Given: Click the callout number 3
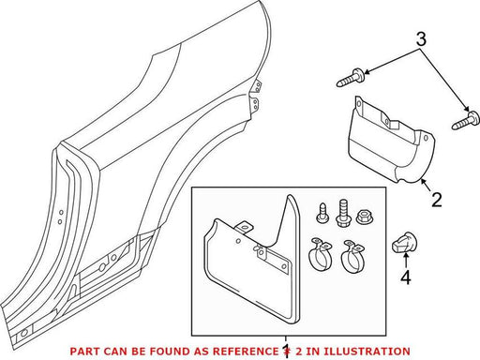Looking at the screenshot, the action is [421, 39].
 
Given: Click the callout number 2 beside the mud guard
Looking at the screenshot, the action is [437, 200].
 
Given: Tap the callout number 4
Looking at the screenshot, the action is [406, 277].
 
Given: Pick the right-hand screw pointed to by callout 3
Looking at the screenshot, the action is [465, 121].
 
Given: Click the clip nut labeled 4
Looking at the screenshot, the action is [403, 242].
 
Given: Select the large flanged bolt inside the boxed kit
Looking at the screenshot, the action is [343, 213].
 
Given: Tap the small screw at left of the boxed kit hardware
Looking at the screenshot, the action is [322, 213].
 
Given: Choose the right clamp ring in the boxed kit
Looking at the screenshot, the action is [352, 255].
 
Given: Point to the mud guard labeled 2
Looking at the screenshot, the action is [392, 141].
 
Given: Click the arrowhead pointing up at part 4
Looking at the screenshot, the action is [406, 256].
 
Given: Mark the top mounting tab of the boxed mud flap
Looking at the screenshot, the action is [244, 227].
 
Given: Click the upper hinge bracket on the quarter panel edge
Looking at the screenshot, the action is [258, 86].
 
